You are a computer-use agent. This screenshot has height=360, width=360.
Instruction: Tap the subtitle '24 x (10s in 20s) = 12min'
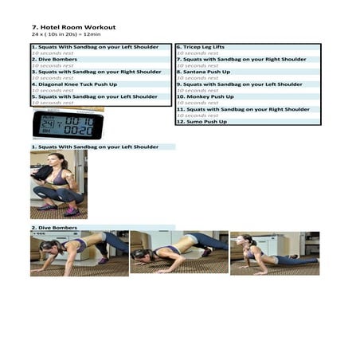(61, 34)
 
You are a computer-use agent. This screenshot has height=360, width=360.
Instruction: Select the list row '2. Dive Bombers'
(54, 59)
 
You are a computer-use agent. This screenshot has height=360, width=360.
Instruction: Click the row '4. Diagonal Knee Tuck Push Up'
(74, 84)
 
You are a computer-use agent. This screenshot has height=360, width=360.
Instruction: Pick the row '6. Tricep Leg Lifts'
(200, 47)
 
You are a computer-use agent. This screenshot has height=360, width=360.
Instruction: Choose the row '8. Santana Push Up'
(203, 72)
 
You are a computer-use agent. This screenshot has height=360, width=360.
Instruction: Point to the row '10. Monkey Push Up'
(205, 96)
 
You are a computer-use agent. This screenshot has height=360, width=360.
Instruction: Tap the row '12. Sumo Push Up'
(202, 122)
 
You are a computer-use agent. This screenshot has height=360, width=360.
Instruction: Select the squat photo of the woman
(58, 185)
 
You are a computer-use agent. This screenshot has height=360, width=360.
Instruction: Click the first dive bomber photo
(79, 253)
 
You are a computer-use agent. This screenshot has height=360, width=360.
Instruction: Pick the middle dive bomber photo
(178, 253)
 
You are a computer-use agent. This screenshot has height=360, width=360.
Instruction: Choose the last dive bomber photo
(274, 253)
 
